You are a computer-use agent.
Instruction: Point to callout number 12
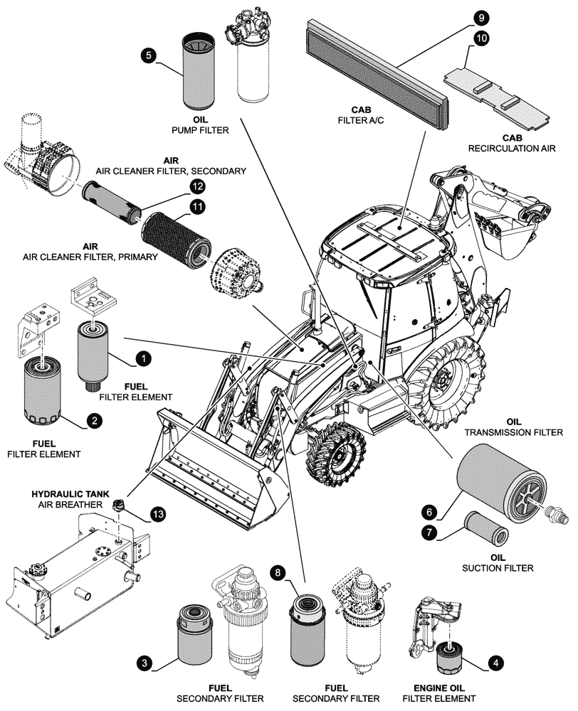point(196,186)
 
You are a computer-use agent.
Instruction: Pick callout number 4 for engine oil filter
point(496,661)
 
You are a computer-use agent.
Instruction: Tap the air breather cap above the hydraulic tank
point(118,506)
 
